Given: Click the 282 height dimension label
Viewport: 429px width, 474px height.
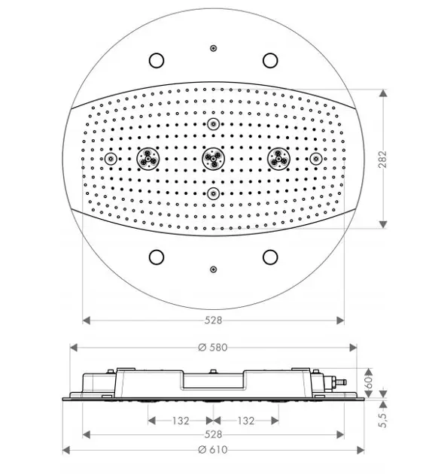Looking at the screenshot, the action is [x=382, y=159].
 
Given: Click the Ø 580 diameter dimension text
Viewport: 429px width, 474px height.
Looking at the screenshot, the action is [x=213, y=348].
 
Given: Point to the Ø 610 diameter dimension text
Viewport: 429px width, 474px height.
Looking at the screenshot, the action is [x=213, y=450].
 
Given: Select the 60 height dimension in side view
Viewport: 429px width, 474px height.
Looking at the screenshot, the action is [x=369, y=383].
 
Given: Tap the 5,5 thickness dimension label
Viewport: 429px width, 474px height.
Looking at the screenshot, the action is [x=383, y=420].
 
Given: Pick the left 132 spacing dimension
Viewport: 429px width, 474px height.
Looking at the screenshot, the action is [x=181, y=421].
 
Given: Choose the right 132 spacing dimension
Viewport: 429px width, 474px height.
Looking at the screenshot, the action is [x=246, y=421].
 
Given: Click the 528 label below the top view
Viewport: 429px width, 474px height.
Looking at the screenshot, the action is [x=213, y=320].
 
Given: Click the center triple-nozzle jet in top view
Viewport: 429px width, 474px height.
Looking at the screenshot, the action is [x=214, y=159].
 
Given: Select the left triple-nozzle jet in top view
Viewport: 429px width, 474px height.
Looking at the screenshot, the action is [x=148, y=159].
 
